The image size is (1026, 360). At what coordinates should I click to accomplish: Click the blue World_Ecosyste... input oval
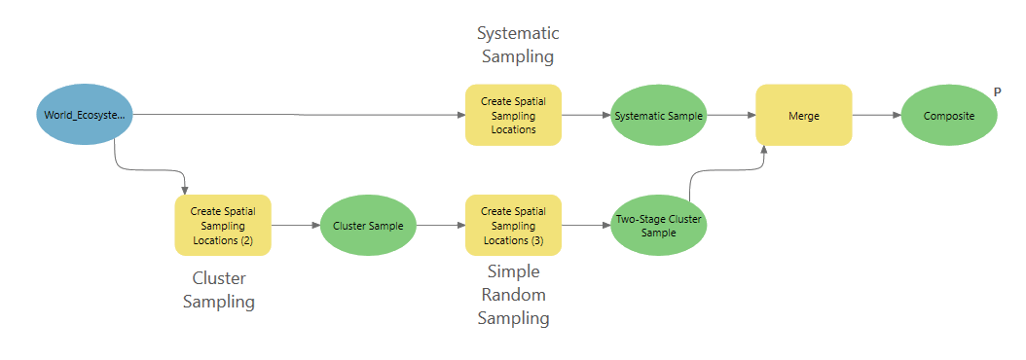[83, 116]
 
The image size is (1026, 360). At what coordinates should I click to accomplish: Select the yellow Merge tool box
[804, 116]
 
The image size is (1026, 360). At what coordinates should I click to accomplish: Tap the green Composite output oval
[949, 116]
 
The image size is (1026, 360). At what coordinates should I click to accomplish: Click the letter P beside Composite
[997, 92]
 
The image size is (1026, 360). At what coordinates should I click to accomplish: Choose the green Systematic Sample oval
[659, 116]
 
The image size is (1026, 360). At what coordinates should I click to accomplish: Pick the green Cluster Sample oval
[368, 225]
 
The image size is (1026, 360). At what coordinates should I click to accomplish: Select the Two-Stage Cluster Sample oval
[659, 226]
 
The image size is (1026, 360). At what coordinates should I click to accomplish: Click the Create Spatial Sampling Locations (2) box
[223, 225]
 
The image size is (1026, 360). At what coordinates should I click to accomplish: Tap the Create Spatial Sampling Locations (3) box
[513, 225]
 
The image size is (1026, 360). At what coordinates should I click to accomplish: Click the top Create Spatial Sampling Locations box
[513, 116]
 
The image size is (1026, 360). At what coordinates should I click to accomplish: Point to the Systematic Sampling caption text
[518, 45]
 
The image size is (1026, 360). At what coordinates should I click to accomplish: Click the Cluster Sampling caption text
[219, 290]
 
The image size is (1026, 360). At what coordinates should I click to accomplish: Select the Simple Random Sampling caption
[513, 295]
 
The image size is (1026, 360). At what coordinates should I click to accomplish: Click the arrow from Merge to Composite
[875, 115]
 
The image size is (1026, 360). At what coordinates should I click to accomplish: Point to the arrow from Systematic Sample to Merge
[731, 115]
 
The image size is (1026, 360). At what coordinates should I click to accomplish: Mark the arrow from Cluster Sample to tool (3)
[440, 225]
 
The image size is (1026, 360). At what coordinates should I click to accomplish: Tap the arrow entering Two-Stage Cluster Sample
[585, 225]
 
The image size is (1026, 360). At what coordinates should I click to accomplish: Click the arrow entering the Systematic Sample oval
[585, 115]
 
